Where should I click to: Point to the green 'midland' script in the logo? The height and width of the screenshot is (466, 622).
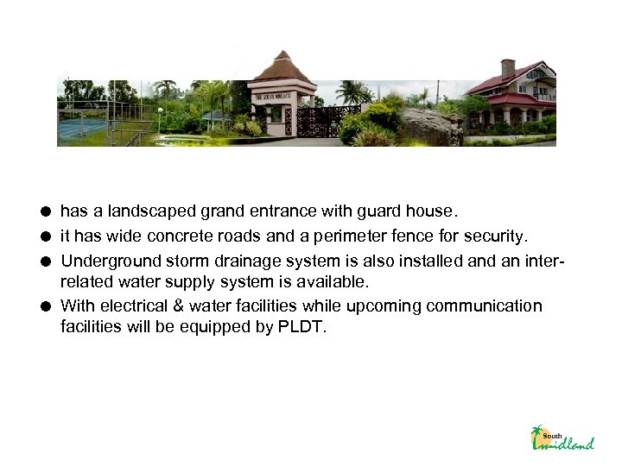pyautogui.click(x=570, y=444)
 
